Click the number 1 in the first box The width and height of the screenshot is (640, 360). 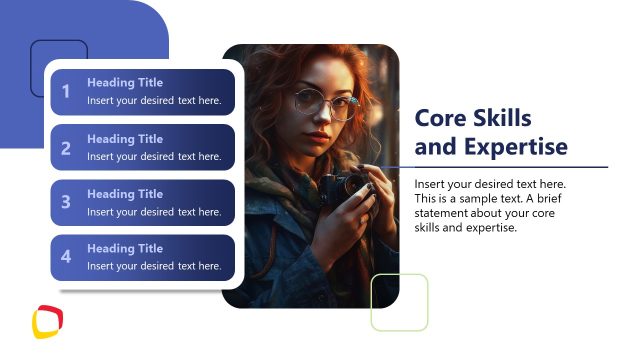(x=66, y=92)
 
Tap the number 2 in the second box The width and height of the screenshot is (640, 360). (x=66, y=148)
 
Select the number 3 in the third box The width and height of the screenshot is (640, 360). (x=66, y=203)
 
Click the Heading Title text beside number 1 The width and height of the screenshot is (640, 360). (x=124, y=83)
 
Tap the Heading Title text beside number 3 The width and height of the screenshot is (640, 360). (x=124, y=194)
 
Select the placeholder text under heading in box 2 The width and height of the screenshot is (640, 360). (x=154, y=156)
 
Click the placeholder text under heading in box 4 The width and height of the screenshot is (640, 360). (x=154, y=266)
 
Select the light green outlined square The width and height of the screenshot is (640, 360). (x=399, y=302)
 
